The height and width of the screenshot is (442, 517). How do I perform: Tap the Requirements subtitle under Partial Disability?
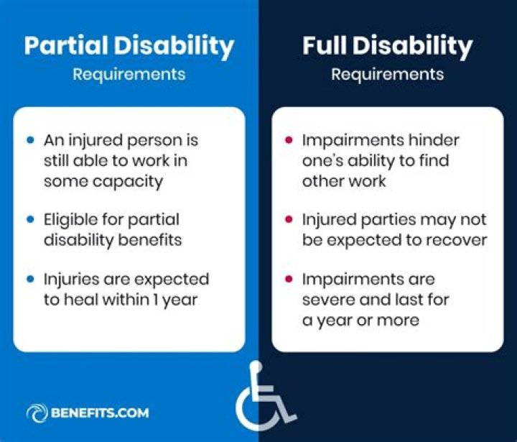pos(129,74)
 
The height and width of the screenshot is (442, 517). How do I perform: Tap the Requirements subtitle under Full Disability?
pos(387,74)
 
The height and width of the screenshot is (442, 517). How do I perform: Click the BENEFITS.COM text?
pos(100,413)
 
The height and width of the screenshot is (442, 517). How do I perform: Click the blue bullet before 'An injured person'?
pos(29,139)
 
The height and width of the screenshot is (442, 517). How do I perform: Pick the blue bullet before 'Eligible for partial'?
pos(29,218)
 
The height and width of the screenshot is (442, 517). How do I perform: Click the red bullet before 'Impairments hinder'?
pos(289,139)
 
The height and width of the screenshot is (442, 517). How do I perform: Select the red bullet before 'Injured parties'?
pos(289,218)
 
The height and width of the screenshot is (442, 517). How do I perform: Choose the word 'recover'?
pos(455,239)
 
